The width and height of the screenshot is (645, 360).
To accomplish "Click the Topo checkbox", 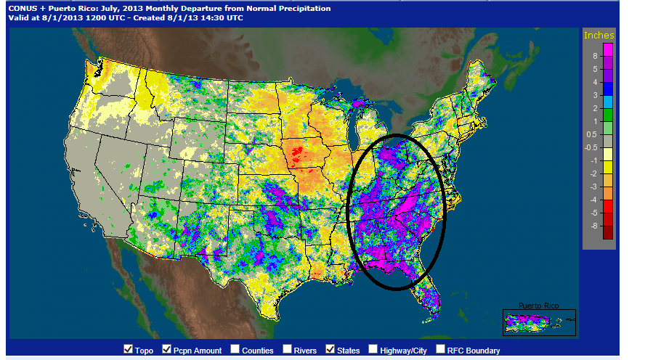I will coord(129,350).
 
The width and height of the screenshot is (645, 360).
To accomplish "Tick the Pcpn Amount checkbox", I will coord(167,350).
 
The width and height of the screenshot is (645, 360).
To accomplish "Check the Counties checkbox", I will coord(235,350).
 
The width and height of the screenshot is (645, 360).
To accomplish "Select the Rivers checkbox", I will coord(287,350).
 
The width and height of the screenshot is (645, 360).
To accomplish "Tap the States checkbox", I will coord(331,350).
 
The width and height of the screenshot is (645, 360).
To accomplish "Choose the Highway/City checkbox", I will coord(373,350).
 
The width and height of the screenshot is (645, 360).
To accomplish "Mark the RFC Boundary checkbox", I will coord(441,350).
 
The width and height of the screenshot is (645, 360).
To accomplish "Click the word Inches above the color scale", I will coord(599,36).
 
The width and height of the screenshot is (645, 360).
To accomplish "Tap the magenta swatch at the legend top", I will coord(608,49).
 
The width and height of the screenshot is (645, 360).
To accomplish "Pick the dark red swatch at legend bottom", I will coord(608,232).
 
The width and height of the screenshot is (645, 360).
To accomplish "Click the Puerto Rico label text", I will coord(538,306).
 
